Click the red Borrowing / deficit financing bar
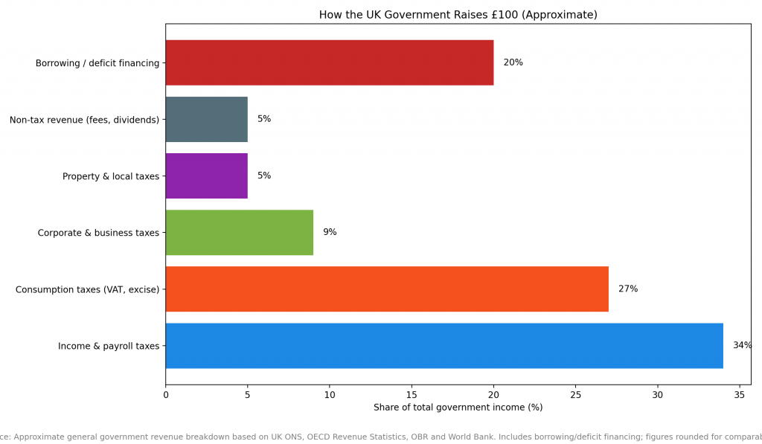pos(329,62)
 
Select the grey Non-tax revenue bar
pos(206,119)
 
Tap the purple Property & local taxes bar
pos(206,176)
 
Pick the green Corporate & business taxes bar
pos(239,232)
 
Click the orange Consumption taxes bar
pos(386,289)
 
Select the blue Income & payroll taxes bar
pos(444,345)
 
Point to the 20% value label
pos(513,62)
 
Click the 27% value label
pos(628,289)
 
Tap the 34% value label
pos(742,345)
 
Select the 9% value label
pos(330,232)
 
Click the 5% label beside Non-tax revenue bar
pos(264,119)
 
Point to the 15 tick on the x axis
pos(412,394)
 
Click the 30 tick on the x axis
pos(657,394)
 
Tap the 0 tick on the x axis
pos(166,394)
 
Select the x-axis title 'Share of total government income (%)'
pos(458,408)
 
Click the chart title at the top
pos(458,15)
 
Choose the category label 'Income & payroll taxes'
pos(109,346)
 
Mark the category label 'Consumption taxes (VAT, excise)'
pos(87,289)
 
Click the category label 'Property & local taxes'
pos(111,176)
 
